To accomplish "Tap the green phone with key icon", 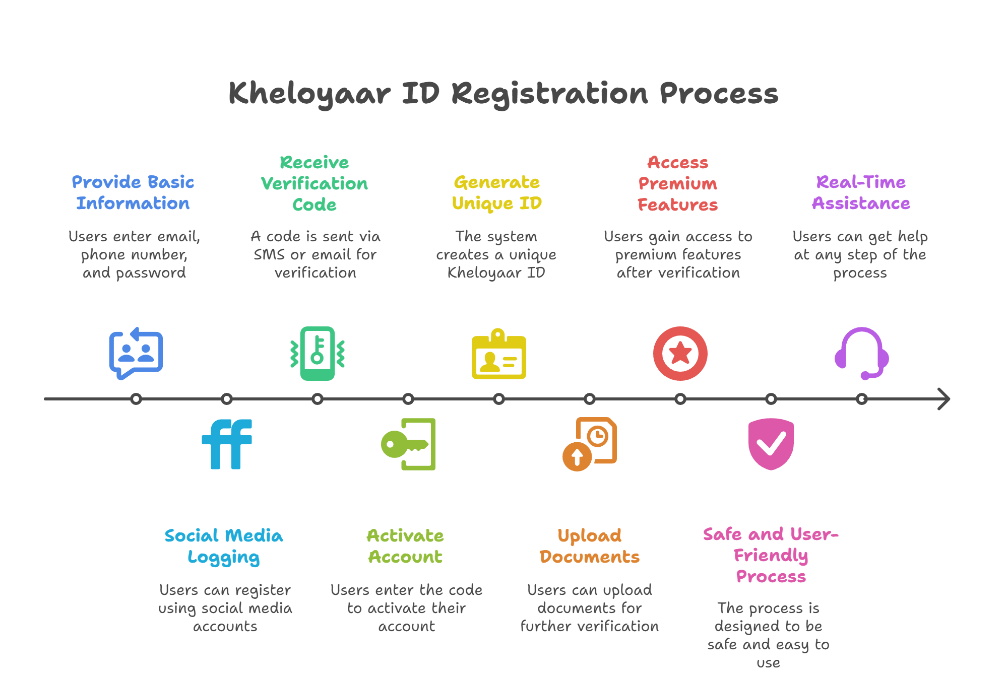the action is point(318,354).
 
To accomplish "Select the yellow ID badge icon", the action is point(499,354).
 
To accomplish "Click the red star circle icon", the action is point(680,354).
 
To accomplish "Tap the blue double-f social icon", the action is point(227,444).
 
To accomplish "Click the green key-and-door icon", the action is point(408,444).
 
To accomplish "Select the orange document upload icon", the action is point(590,444).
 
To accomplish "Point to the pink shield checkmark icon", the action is point(771,444).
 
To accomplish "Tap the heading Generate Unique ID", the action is point(497,193).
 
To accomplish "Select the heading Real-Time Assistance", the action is point(861,192).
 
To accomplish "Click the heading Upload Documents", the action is point(590,547).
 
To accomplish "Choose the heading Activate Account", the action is point(406,546).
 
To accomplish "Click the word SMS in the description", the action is point(269,254).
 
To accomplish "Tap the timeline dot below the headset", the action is point(862,399).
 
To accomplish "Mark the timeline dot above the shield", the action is point(771,399).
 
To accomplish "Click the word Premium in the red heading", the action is point(678,184).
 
